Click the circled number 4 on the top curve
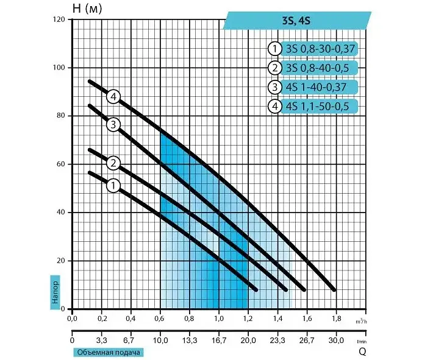tap(113, 97)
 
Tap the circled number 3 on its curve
tap(113, 125)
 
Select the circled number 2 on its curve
tap(113, 163)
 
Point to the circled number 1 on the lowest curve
tap(113, 186)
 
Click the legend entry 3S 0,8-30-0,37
tap(320, 49)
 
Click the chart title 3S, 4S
tap(296, 21)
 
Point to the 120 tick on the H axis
tap(59, 19)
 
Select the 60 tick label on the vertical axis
tap(61, 164)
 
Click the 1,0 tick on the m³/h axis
tap(219, 319)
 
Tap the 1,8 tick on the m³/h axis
tap(337, 319)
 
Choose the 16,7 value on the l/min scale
tap(219, 341)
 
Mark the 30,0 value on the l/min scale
tap(337, 341)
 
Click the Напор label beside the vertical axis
tap(55, 292)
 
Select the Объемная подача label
tap(109, 352)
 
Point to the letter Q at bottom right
tap(362, 351)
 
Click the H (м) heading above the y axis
tap(87, 9)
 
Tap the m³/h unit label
tap(362, 321)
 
